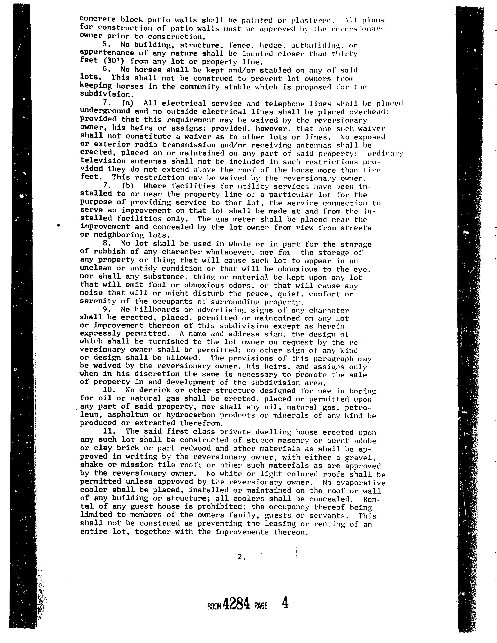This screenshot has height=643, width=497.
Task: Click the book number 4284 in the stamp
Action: click(236, 604)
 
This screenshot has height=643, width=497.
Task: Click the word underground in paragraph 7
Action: click(105, 111)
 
